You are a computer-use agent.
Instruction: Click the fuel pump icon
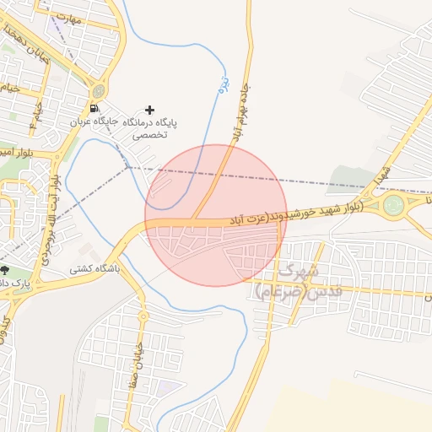[93, 109]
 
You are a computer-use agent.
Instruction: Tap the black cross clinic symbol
[150, 110]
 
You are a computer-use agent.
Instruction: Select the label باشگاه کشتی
[94, 268]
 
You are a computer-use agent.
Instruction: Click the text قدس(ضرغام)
[292, 293]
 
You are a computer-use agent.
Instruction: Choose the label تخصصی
[153, 134]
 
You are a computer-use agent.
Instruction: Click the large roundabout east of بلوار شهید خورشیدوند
[393, 205]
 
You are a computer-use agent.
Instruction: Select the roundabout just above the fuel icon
[100, 90]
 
